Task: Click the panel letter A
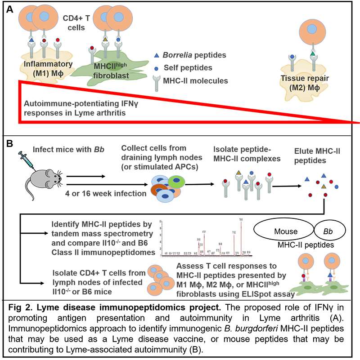point(10,9)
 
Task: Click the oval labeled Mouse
point(286,231)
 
